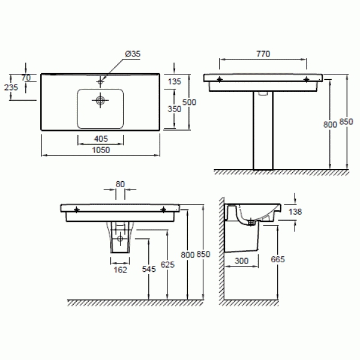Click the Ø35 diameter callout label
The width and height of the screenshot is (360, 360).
(x=133, y=54)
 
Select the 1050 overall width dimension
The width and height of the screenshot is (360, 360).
(x=101, y=150)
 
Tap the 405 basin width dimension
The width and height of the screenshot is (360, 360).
(x=101, y=139)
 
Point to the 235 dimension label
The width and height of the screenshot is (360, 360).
(x=11, y=88)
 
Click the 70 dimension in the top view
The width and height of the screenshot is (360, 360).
(x=26, y=78)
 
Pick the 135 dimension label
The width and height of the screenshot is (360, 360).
(x=175, y=82)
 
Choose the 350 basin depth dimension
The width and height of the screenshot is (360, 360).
(x=175, y=109)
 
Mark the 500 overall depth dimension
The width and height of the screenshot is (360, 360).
(x=189, y=103)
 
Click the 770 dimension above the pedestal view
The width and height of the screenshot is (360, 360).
(x=263, y=54)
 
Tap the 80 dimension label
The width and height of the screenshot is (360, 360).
(x=120, y=184)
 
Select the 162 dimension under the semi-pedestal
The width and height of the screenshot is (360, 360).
(x=121, y=270)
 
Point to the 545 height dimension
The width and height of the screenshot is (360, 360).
(x=149, y=269)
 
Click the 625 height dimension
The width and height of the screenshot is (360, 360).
(x=167, y=265)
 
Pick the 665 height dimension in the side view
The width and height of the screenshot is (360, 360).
(x=278, y=259)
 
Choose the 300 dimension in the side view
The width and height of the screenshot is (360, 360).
(x=242, y=261)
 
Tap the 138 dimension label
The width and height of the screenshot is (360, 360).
(x=295, y=212)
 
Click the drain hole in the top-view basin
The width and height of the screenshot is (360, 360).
(x=100, y=100)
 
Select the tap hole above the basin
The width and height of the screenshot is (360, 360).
(x=100, y=81)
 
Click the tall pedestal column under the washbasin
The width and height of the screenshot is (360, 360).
(x=263, y=130)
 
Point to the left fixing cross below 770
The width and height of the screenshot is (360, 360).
(x=220, y=79)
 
